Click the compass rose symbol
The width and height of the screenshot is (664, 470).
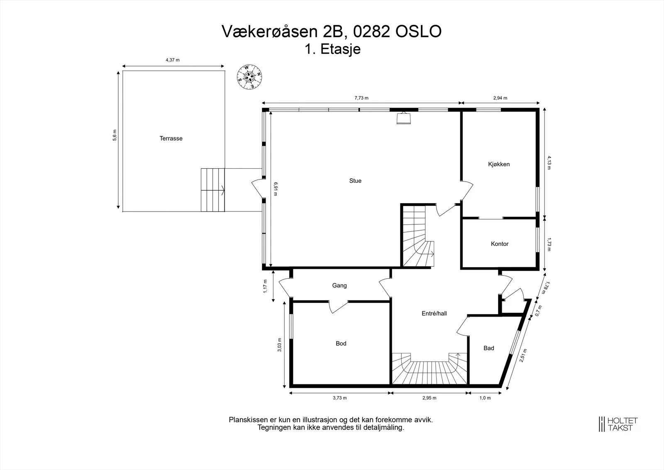[249, 77]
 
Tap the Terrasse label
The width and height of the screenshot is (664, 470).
[171, 138]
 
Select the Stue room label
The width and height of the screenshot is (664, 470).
[355, 181]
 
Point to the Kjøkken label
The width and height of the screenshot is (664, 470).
[499, 164]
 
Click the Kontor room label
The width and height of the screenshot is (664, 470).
[500, 244]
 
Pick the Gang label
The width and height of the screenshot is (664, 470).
[339, 285]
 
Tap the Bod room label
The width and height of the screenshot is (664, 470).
[341, 344]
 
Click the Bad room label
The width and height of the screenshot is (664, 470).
[489, 348]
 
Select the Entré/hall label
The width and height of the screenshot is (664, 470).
[434, 313]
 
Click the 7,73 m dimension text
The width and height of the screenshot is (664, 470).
[361, 98]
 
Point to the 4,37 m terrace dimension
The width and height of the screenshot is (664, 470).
[173, 60]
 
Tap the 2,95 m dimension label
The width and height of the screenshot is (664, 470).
[429, 398]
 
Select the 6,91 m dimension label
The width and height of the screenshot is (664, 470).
[276, 189]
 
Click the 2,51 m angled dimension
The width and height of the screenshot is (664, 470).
[523, 355]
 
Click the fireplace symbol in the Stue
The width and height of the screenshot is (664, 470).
[403, 118]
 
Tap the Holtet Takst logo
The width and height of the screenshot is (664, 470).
[618, 424]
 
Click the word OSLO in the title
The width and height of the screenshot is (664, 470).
[418, 32]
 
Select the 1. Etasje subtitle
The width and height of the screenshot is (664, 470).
[332, 49]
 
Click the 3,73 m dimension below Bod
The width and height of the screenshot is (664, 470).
[340, 398]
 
